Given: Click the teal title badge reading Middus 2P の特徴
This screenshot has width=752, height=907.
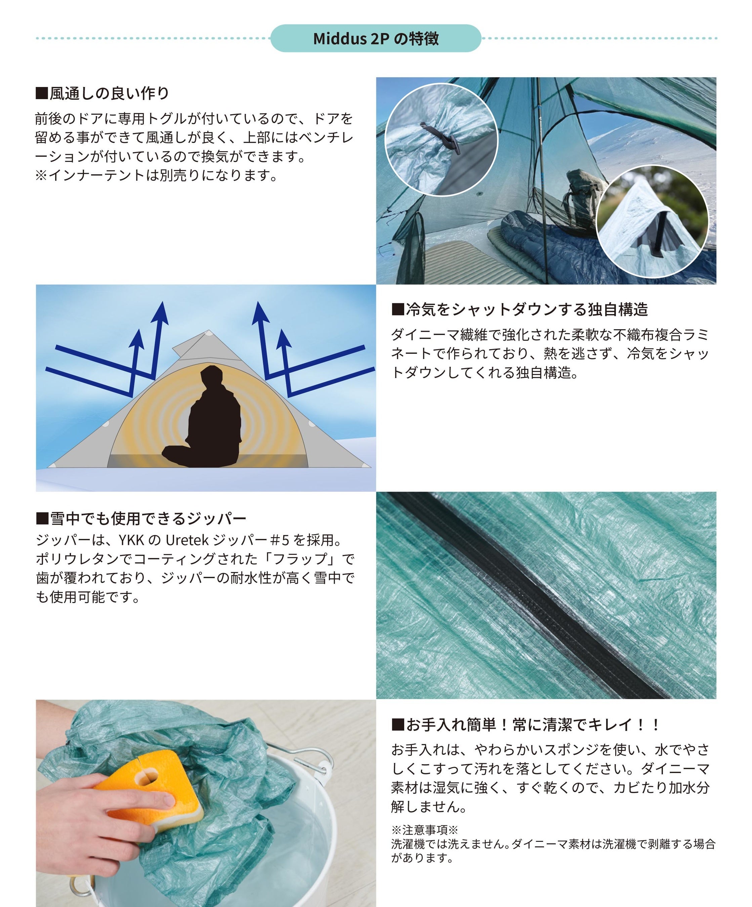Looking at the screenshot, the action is [x=375, y=38].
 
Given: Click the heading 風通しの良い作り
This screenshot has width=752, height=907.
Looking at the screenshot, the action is [x=102, y=93].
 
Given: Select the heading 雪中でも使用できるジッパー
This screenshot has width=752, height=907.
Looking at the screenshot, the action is [x=141, y=518].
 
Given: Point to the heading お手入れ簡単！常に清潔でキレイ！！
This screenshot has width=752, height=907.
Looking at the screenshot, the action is [x=525, y=724].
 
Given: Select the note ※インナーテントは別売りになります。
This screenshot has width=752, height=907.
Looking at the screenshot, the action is [x=156, y=175].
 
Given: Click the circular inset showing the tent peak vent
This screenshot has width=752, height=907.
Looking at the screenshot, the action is [x=652, y=222].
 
